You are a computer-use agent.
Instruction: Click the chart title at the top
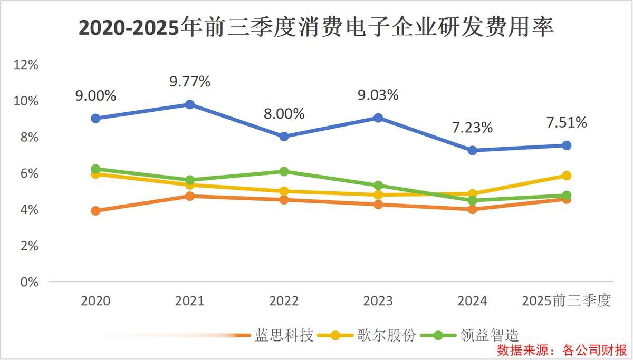click(x=316, y=27)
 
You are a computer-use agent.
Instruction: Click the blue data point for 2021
click(x=189, y=104)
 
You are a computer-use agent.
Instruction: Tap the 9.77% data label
click(x=190, y=82)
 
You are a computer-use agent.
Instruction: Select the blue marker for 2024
click(x=472, y=150)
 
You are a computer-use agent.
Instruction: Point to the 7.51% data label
click(x=566, y=123)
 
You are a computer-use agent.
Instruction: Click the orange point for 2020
click(x=95, y=211)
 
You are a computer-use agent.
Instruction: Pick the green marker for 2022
click(x=284, y=171)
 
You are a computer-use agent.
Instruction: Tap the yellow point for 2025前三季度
click(x=566, y=176)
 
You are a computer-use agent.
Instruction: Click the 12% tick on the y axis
click(x=26, y=65)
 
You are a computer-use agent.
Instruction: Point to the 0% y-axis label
click(x=30, y=282)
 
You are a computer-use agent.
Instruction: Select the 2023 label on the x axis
click(x=378, y=301)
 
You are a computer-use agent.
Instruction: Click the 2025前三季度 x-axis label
click(x=566, y=301)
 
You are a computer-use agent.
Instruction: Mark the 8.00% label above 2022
click(x=284, y=113)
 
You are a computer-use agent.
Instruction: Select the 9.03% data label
click(x=378, y=95)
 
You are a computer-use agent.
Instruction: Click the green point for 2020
click(x=95, y=169)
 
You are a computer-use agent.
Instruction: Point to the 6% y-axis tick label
click(x=30, y=173)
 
